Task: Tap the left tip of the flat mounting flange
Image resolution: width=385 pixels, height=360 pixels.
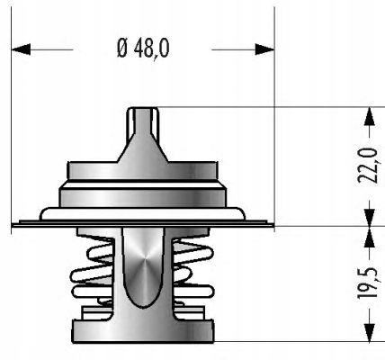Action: pyautogui.click(x=16, y=222)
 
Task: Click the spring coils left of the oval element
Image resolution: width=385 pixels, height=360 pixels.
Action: pyautogui.click(x=92, y=270)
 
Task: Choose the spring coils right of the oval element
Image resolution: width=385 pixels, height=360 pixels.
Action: pyautogui.click(x=193, y=270)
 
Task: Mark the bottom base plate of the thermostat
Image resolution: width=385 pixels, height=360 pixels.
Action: pyautogui.click(x=143, y=331)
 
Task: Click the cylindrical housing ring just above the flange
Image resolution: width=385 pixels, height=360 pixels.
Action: pyautogui.click(x=143, y=193)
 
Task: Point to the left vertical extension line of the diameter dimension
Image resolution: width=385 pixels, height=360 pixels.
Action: pyautogui.click(x=12, y=135)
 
